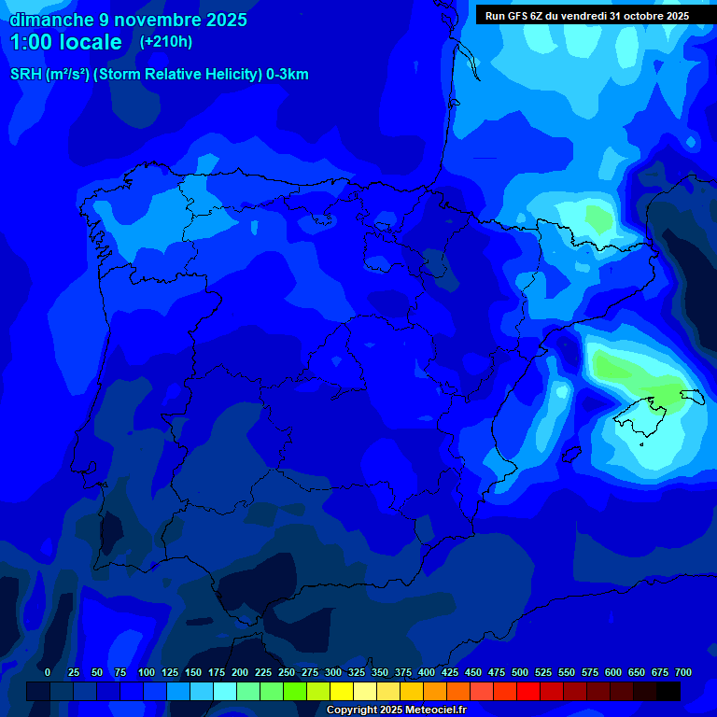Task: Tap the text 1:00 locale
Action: coord(65,42)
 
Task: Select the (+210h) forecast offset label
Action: coord(165,42)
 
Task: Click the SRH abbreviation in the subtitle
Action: coord(26,75)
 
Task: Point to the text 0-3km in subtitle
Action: coord(287,75)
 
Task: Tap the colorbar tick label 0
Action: coord(48,672)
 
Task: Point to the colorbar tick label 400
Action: coord(427,672)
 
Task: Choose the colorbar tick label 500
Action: coord(520,672)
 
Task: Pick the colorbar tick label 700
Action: coord(683,672)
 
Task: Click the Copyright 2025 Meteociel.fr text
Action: coord(396,710)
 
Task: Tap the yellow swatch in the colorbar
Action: coord(342,691)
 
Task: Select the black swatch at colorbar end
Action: coord(668,691)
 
